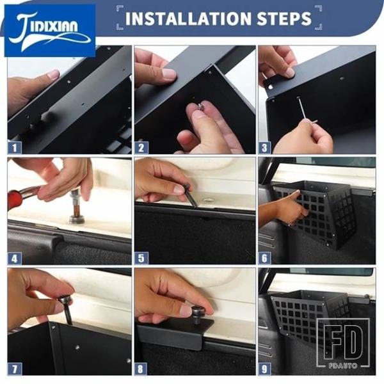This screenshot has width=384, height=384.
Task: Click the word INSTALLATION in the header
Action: (x=188, y=18)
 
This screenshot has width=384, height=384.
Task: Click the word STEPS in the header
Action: (x=284, y=18)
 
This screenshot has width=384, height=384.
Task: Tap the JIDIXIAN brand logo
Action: (x=50, y=31)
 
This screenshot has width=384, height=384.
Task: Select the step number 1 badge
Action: (x=15, y=147)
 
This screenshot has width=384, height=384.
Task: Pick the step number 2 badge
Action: (x=141, y=147)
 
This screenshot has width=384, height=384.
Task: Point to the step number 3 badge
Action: (x=264, y=147)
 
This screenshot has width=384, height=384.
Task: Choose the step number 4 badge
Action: (x=15, y=258)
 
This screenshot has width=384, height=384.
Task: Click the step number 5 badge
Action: (x=141, y=258)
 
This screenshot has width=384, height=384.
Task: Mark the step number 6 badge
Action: (x=264, y=258)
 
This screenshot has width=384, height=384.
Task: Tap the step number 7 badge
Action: (x=15, y=369)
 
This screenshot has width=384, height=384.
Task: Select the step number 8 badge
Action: (x=141, y=369)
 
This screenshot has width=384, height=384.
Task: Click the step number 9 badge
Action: (x=264, y=369)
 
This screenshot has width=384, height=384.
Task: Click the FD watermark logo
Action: (x=343, y=343)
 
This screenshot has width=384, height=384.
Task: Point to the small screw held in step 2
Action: (x=201, y=106)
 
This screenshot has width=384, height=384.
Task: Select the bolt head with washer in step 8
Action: (x=197, y=313)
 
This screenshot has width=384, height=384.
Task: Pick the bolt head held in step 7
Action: (x=65, y=300)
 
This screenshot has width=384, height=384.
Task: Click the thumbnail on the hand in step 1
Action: (x=53, y=74)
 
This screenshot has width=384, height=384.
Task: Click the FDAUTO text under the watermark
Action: (x=343, y=365)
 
